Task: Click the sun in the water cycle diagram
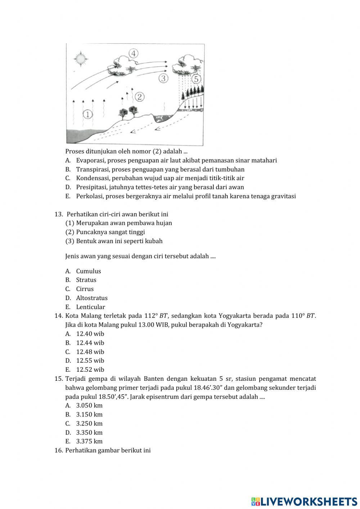(x=80, y=59)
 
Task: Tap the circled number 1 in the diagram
(x=87, y=115)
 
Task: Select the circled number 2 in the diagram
(x=140, y=97)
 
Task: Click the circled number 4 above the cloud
(x=133, y=53)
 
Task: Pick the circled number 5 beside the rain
(x=196, y=79)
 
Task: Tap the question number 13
(x=59, y=214)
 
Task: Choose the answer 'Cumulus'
(x=89, y=271)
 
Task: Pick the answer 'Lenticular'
(x=90, y=307)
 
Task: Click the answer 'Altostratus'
(x=92, y=298)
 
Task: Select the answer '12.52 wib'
(x=90, y=370)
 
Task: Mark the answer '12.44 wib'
(x=90, y=343)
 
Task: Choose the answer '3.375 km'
(x=89, y=441)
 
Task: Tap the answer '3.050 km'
(x=89, y=406)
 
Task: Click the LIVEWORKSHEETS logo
(x=304, y=501)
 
